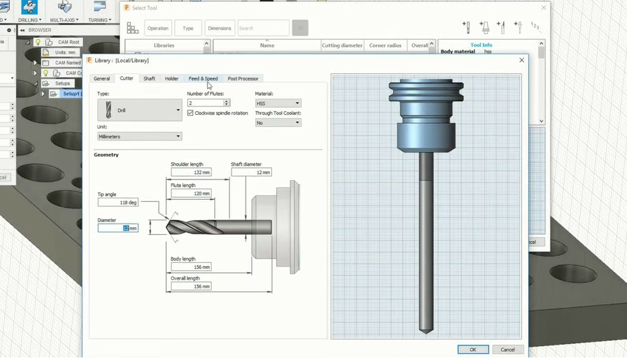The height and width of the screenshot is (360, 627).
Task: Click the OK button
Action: point(473,349)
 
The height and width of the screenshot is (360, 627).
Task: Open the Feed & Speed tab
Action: point(203,79)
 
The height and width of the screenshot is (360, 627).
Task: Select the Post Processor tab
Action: point(243,79)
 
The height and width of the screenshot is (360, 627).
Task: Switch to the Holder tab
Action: point(172,79)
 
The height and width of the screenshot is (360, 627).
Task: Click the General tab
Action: point(102,79)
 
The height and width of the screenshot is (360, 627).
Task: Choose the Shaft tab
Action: point(149,79)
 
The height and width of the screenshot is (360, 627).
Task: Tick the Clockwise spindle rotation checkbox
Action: point(191,113)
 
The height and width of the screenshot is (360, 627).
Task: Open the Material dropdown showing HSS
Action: point(278,103)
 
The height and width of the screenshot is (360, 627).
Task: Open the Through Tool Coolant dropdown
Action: point(278,123)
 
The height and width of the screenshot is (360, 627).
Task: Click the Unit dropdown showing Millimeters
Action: point(140,137)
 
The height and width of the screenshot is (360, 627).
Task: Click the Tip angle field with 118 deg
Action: point(118,202)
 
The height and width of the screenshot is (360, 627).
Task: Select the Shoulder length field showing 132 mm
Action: point(191,172)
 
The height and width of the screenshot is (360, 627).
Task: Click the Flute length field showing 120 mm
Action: point(191,193)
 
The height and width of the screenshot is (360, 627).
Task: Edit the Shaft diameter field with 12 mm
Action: point(251,172)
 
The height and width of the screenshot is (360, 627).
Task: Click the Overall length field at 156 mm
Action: point(191,287)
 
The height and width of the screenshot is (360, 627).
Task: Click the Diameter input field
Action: point(118,228)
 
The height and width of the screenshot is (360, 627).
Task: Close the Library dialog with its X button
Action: point(522,60)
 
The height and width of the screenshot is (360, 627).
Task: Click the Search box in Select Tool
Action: point(263,28)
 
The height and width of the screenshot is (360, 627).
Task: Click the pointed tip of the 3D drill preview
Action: point(426,331)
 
